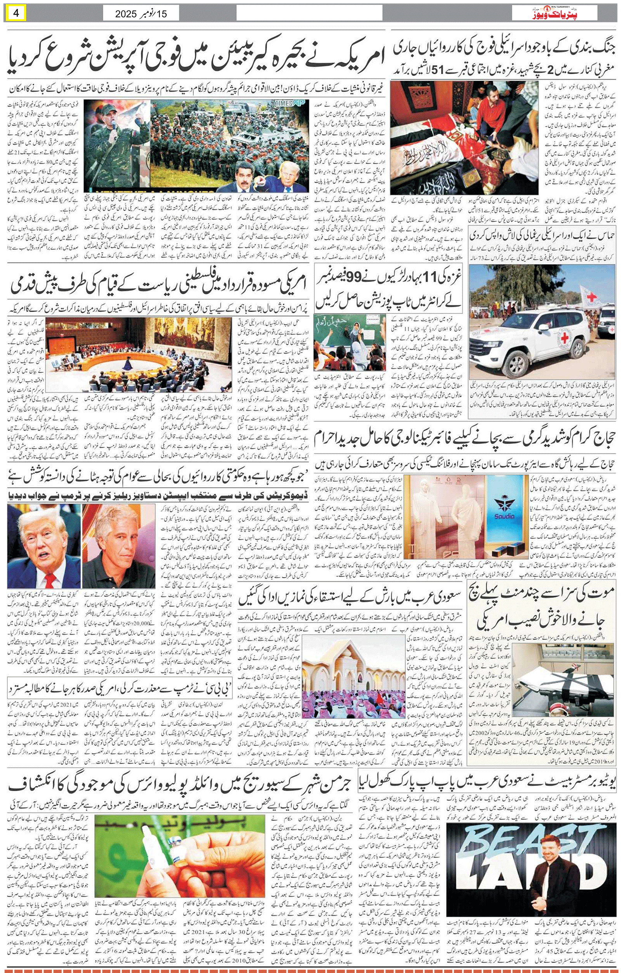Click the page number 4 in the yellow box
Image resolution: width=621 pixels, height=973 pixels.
coord(17,14)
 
